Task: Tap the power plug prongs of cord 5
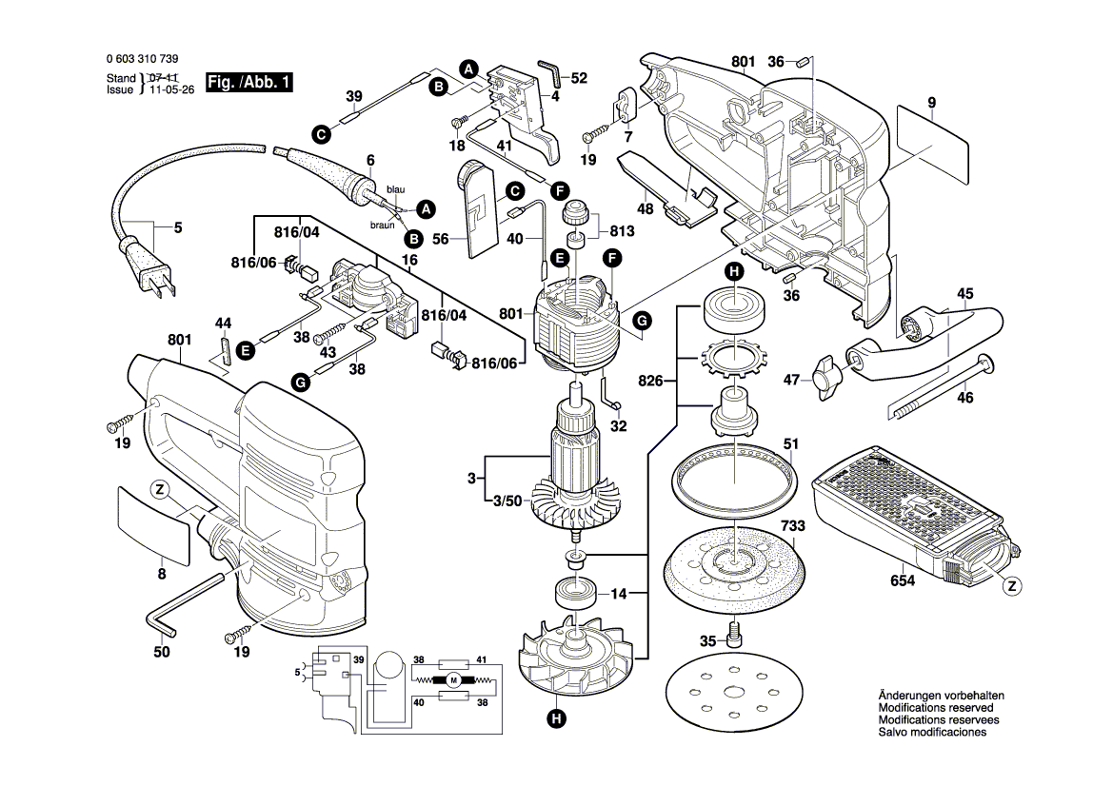(x=158, y=282)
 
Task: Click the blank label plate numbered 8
(x=152, y=521)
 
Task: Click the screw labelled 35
(x=734, y=630)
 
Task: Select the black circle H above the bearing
(x=734, y=272)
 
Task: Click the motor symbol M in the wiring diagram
(x=454, y=679)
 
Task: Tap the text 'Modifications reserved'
(x=935, y=708)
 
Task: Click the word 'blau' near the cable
(x=395, y=190)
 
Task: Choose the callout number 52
(x=579, y=78)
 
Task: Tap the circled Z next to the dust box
(x=1012, y=586)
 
